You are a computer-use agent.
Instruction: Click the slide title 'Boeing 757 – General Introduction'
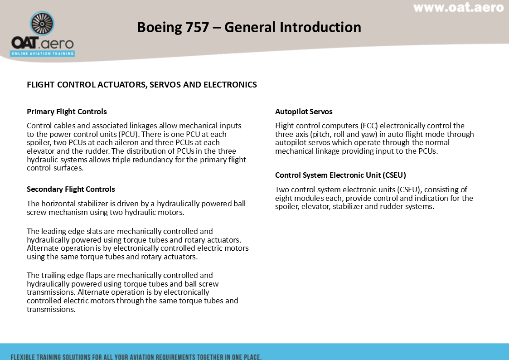click(x=249, y=27)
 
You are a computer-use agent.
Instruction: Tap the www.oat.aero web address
click(x=458, y=8)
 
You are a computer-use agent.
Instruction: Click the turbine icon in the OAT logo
click(x=42, y=24)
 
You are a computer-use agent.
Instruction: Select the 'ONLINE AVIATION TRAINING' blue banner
click(x=43, y=54)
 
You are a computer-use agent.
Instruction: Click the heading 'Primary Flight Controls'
click(x=67, y=112)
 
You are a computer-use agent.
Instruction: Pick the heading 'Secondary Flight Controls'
click(x=71, y=189)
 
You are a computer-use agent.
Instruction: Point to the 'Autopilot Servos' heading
click(x=304, y=112)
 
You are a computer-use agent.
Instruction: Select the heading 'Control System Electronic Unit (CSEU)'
click(x=340, y=175)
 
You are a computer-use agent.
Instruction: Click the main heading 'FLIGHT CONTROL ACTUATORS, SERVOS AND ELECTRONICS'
click(x=142, y=85)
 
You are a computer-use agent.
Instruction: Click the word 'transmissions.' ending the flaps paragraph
click(x=51, y=309)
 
